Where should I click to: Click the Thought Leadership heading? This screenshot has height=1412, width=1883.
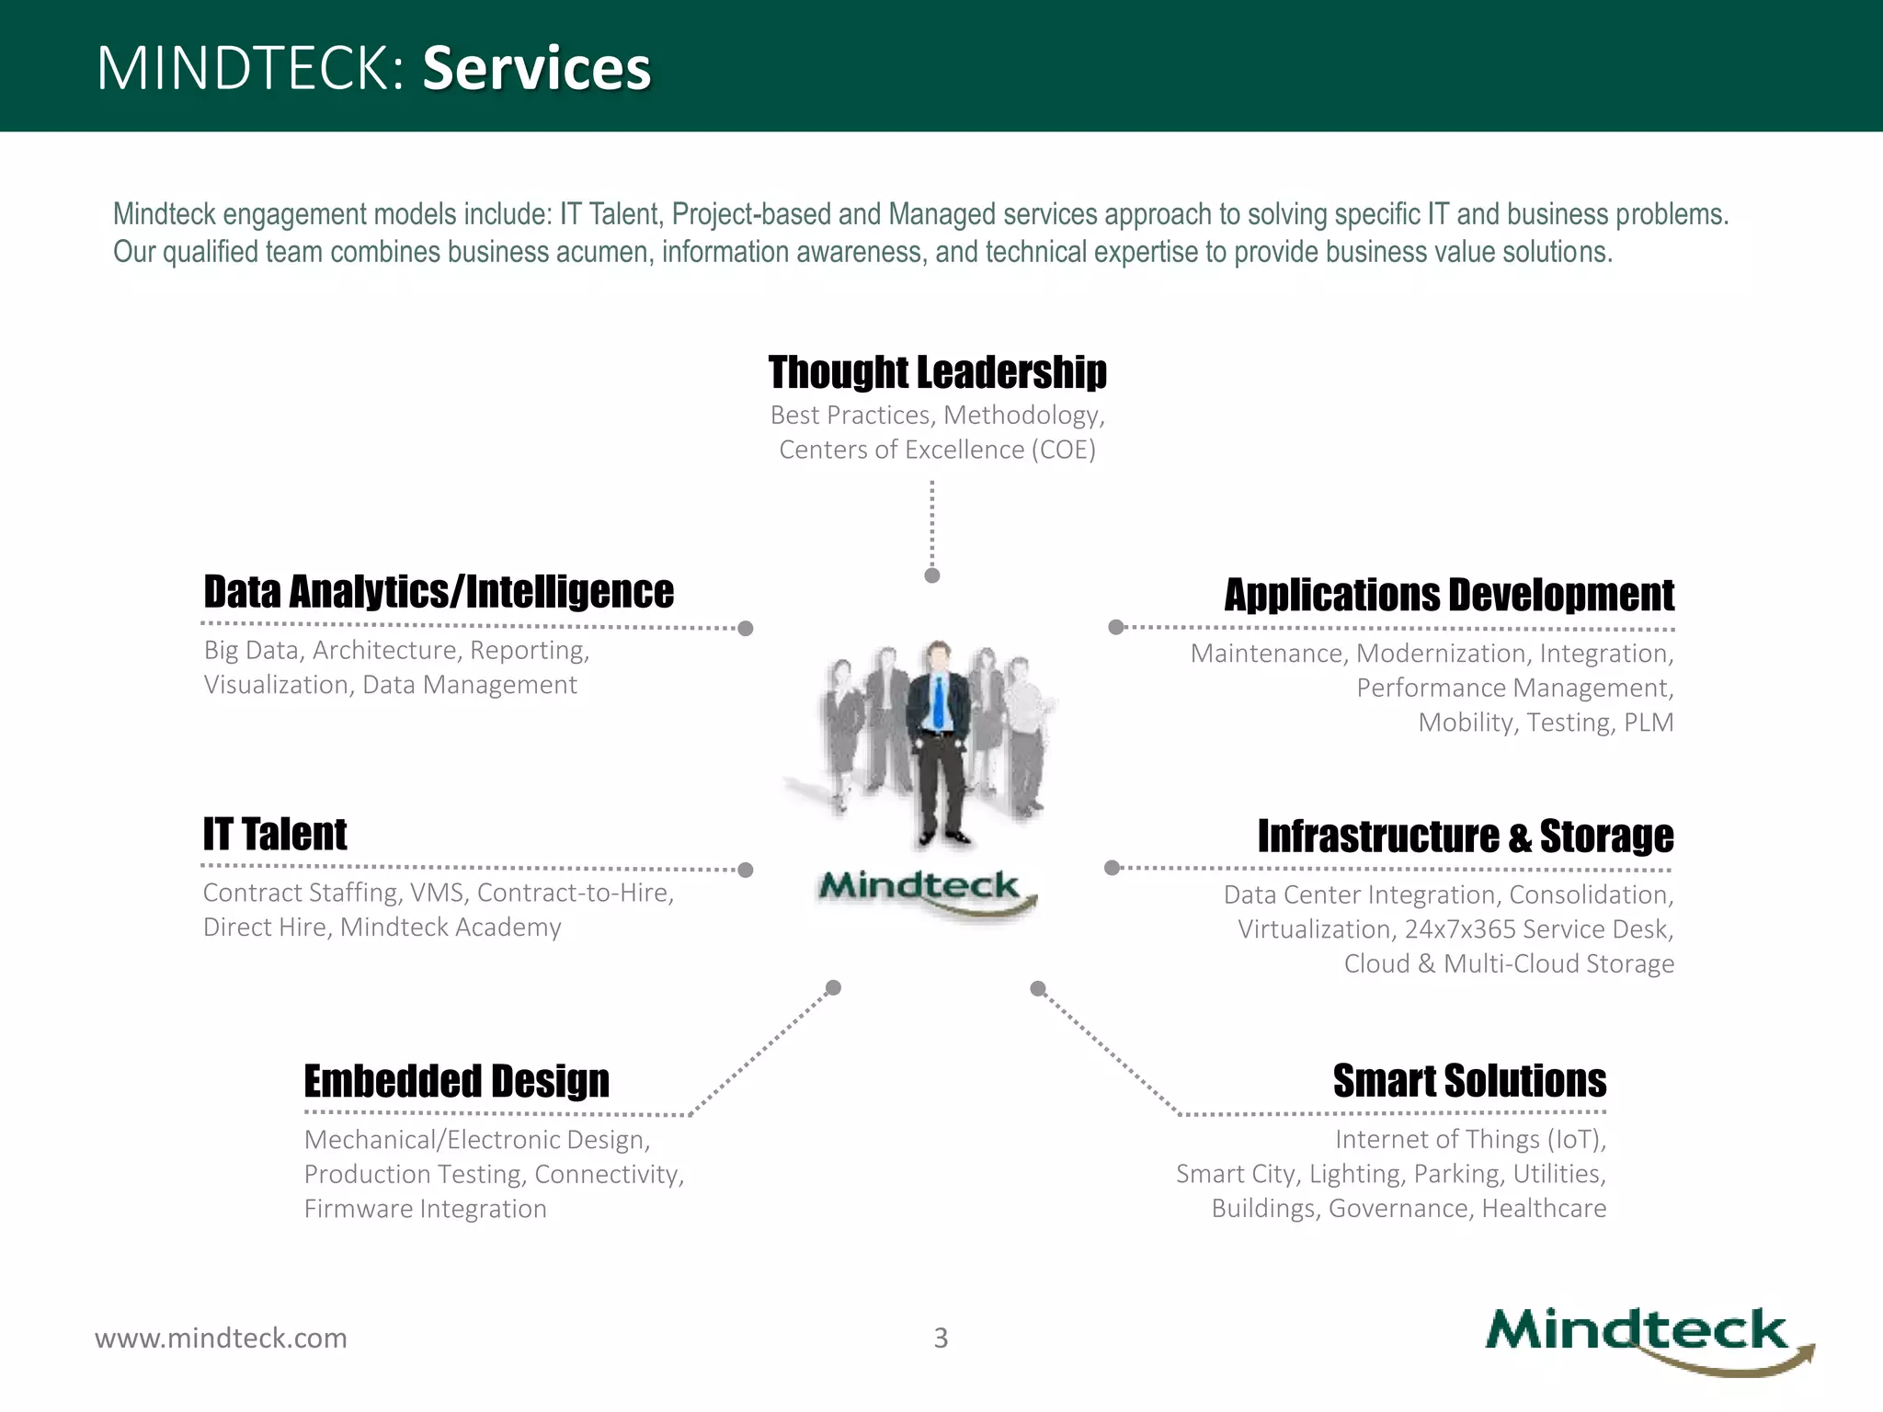937,372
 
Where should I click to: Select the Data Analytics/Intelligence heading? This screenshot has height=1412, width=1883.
439,592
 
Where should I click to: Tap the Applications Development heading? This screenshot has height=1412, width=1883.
1449,595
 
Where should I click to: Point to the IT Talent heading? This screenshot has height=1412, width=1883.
275,835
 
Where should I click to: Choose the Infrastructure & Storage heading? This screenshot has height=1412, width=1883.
1466,837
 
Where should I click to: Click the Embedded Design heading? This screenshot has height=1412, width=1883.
457,1081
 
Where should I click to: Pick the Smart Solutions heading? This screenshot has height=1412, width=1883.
1469,1081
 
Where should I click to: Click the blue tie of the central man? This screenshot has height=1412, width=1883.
938,703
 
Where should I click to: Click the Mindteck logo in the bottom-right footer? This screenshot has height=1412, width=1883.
1646,1338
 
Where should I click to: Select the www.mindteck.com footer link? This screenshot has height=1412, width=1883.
221,1338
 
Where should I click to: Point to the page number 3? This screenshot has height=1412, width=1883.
941,1338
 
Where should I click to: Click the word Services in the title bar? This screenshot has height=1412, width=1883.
536,68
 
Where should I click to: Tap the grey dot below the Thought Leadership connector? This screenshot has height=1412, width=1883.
931,575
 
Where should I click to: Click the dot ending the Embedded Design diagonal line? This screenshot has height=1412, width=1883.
833,987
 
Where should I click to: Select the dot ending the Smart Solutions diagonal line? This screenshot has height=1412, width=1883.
1038,988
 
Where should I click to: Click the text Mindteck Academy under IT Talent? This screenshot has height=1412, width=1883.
451,927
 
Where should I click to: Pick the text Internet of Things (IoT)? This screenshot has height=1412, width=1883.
1470,1139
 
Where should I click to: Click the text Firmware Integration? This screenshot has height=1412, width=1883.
425,1208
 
